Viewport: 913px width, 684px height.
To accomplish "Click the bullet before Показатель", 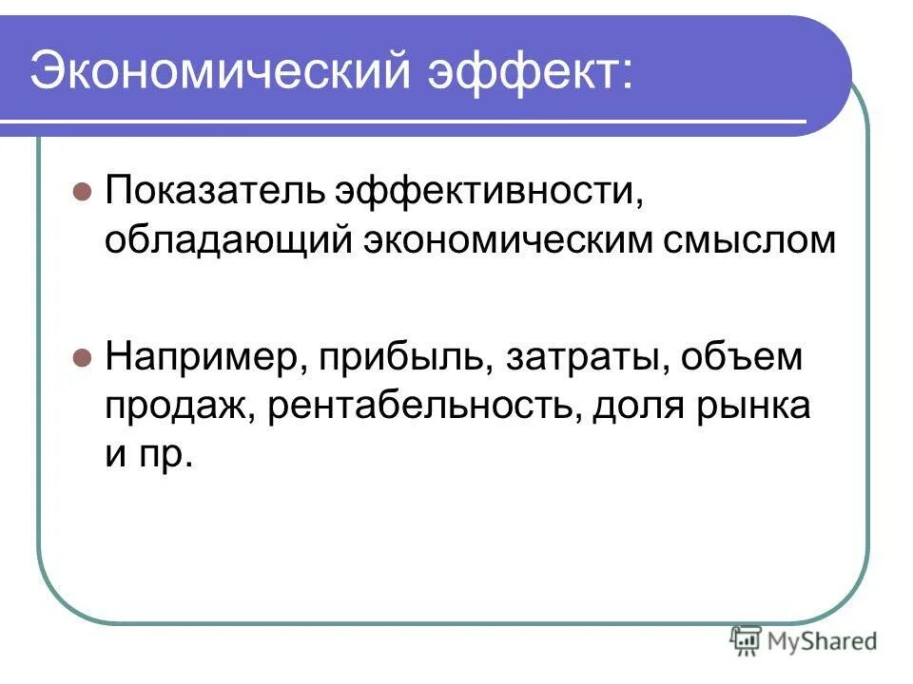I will coord(81,190).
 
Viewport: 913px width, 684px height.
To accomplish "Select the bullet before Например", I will coord(81,357).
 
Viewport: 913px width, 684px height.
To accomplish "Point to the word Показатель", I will coord(213,190).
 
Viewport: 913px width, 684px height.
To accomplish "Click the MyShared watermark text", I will coord(822,641).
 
